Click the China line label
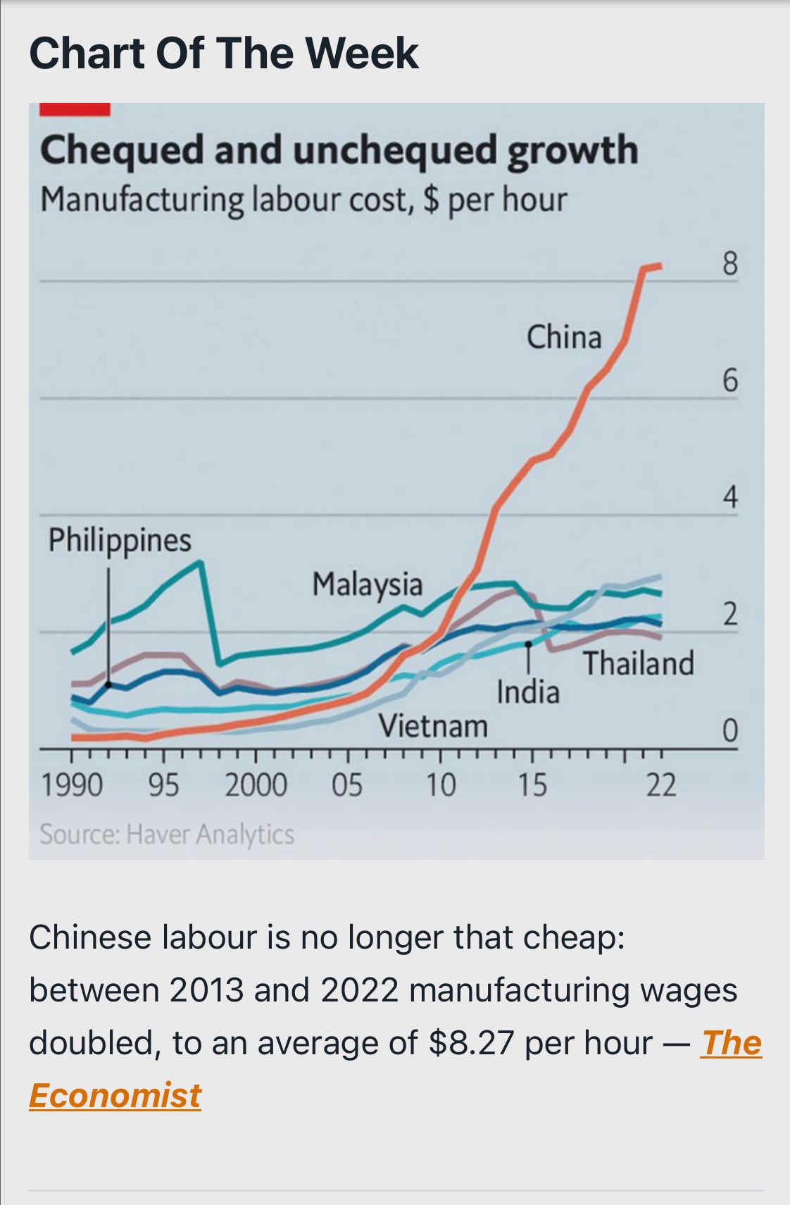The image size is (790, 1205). pyautogui.click(x=564, y=337)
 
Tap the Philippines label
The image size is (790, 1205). pyautogui.click(x=120, y=541)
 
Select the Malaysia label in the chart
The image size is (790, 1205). pyautogui.click(x=367, y=585)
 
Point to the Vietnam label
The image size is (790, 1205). pyautogui.click(x=433, y=725)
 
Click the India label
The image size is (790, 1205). pyautogui.click(x=528, y=692)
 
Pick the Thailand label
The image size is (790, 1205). pyautogui.click(x=638, y=663)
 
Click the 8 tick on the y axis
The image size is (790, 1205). pyautogui.click(x=729, y=264)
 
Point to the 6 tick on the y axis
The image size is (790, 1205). pyautogui.click(x=729, y=381)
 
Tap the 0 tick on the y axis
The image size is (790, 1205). pyautogui.click(x=729, y=732)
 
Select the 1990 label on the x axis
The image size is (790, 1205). pyautogui.click(x=71, y=785)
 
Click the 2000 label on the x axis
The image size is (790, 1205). pyautogui.click(x=256, y=785)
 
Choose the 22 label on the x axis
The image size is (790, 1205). pyautogui.click(x=660, y=785)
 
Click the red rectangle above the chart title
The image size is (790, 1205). pyautogui.click(x=75, y=109)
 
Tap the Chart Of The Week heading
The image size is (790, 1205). pyautogui.click(x=224, y=53)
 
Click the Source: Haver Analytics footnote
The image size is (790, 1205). pyautogui.click(x=167, y=835)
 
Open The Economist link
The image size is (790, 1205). pyautogui.click(x=731, y=1043)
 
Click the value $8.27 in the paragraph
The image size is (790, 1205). pyautogui.click(x=470, y=1043)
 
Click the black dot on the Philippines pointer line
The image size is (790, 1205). pyautogui.click(x=108, y=684)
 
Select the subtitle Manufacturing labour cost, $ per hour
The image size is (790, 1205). pyautogui.click(x=303, y=200)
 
